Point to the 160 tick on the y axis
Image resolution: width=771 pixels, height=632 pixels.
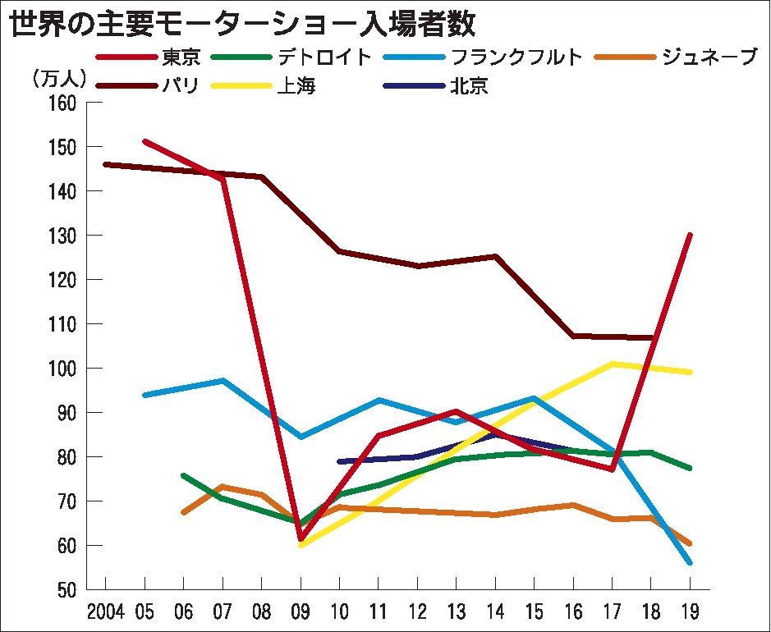pos(62,103)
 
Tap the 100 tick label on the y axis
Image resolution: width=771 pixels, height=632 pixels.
pos(62,369)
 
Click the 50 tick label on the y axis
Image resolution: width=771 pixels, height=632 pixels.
pos(67,590)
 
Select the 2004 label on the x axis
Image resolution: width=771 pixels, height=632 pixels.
pos(106,611)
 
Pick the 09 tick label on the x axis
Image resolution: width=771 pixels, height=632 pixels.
pos(301,611)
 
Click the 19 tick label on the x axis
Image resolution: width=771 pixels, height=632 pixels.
pos(689,611)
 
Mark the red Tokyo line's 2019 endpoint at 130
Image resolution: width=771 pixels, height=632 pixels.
pos(690,236)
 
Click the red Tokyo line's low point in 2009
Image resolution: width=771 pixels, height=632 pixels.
pos(301,539)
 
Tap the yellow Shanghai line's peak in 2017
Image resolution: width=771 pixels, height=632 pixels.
pos(612,364)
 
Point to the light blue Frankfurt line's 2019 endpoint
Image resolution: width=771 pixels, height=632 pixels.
pos(690,562)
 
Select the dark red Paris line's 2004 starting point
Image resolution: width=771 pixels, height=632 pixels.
pos(106,164)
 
